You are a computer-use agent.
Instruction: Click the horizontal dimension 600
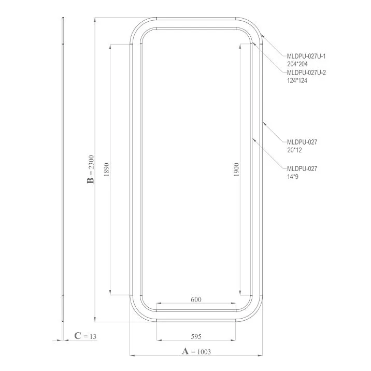click(x=196, y=299)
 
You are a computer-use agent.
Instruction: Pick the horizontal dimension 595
click(x=196, y=336)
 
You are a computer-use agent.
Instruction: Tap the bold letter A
click(x=185, y=351)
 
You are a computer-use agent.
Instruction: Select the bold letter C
click(x=78, y=336)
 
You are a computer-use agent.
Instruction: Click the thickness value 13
click(x=93, y=336)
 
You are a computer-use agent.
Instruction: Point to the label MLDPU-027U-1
click(x=306, y=56)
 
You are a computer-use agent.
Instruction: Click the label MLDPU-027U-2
click(x=306, y=73)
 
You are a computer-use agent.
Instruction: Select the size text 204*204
click(x=297, y=64)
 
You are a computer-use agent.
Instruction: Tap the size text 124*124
click(x=297, y=81)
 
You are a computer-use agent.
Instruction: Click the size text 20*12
click(x=294, y=150)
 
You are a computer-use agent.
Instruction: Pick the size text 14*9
click(x=293, y=177)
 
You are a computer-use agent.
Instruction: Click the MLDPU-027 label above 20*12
click(x=302, y=141)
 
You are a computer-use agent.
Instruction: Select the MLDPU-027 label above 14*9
click(x=302, y=168)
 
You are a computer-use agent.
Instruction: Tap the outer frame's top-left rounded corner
click(x=136, y=28)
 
